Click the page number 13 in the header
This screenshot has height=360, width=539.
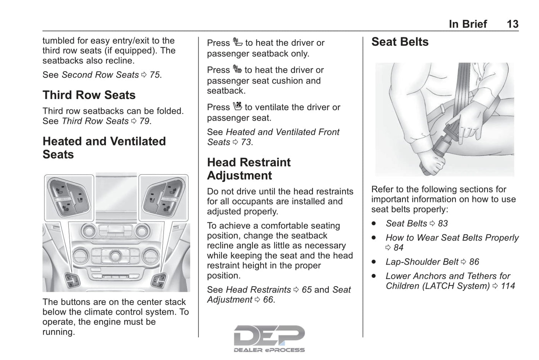click(512, 24)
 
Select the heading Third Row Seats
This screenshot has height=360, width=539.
click(89, 95)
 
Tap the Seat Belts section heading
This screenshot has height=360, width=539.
click(400, 42)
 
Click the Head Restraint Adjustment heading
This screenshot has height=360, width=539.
click(248, 169)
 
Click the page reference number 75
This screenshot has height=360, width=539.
click(155, 75)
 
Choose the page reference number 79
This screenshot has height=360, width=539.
click(145, 121)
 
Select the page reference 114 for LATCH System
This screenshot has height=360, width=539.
click(508, 286)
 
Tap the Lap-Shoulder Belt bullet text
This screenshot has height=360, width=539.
click(422, 262)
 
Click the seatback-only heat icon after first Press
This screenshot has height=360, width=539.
click(237, 42)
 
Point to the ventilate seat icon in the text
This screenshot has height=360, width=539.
click(237, 107)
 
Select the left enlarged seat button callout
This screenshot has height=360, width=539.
click(69, 197)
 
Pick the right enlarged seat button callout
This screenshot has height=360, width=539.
click(163, 197)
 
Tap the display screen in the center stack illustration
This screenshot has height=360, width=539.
click(116, 196)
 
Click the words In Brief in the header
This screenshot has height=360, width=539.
click(468, 24)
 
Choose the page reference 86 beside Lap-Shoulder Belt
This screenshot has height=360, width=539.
click(474, 262)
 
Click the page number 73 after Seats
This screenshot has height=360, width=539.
click(246, 142)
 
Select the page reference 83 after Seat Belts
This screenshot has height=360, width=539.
click(443, 223)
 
